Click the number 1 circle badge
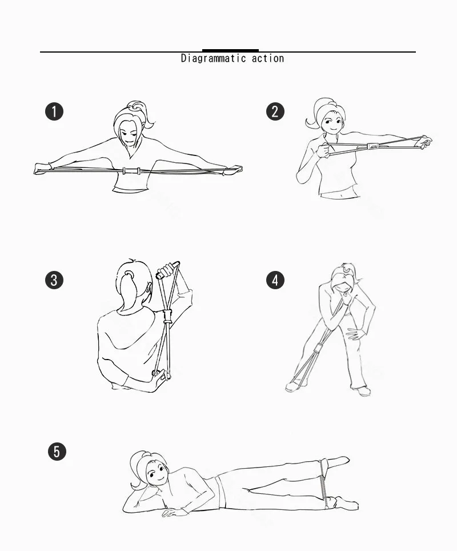click(54, 111)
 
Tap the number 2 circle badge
click(275, 111)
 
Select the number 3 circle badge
click(54, 280)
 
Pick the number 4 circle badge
click(275, 280)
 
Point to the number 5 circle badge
click(57, 452)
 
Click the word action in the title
click(268, 58)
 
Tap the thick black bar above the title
click(230, 51)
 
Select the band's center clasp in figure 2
click(372, 146)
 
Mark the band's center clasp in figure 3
click(167, 317)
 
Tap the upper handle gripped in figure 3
click(168, 270)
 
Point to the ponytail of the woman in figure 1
click(144, 113)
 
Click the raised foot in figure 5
click(337, 462)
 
